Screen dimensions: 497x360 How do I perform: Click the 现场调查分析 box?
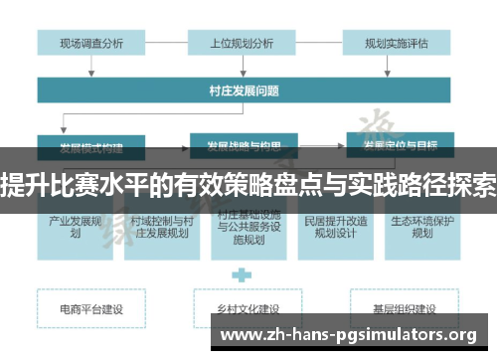coord(91,43)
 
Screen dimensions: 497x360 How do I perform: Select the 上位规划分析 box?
coord(242,43)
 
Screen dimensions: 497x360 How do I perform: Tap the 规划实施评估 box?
coord(398,43)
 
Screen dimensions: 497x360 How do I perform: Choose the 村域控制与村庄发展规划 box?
coord(161,227)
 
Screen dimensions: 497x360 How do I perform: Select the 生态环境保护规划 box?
coord(421,227)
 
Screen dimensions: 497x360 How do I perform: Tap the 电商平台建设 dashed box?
coord(91,309)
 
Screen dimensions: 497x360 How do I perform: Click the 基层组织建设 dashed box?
coord(398,309)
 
